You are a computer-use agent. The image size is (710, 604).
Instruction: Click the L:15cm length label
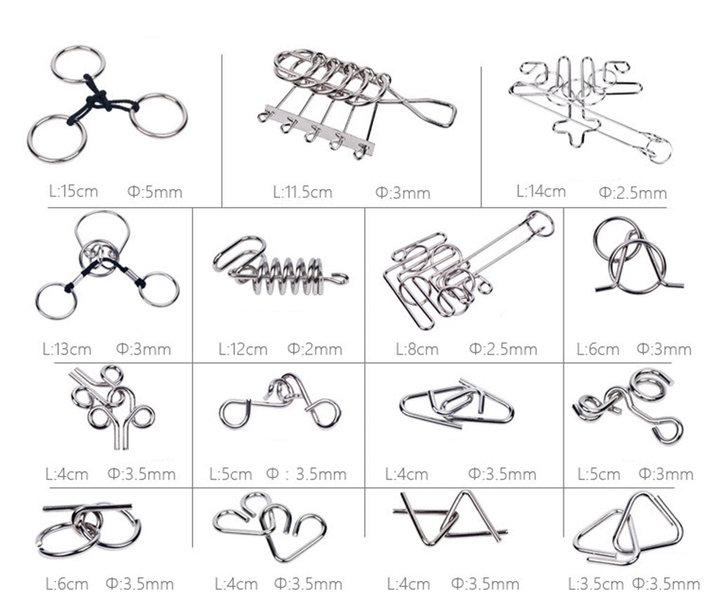click(73, 191)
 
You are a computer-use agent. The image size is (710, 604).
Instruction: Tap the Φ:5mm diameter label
click(155, 192)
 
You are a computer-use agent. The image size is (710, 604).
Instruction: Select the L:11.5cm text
click(303, 192)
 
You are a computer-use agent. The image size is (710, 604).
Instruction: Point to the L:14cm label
click(541, 191)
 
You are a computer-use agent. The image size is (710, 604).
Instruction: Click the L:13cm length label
click(67, 350)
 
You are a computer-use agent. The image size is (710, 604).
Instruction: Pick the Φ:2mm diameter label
click(315, 350)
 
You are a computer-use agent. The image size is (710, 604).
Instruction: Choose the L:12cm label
click(243, 350)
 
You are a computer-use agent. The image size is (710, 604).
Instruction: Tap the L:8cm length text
click(417, 350)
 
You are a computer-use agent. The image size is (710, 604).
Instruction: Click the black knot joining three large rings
click(100, 100)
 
